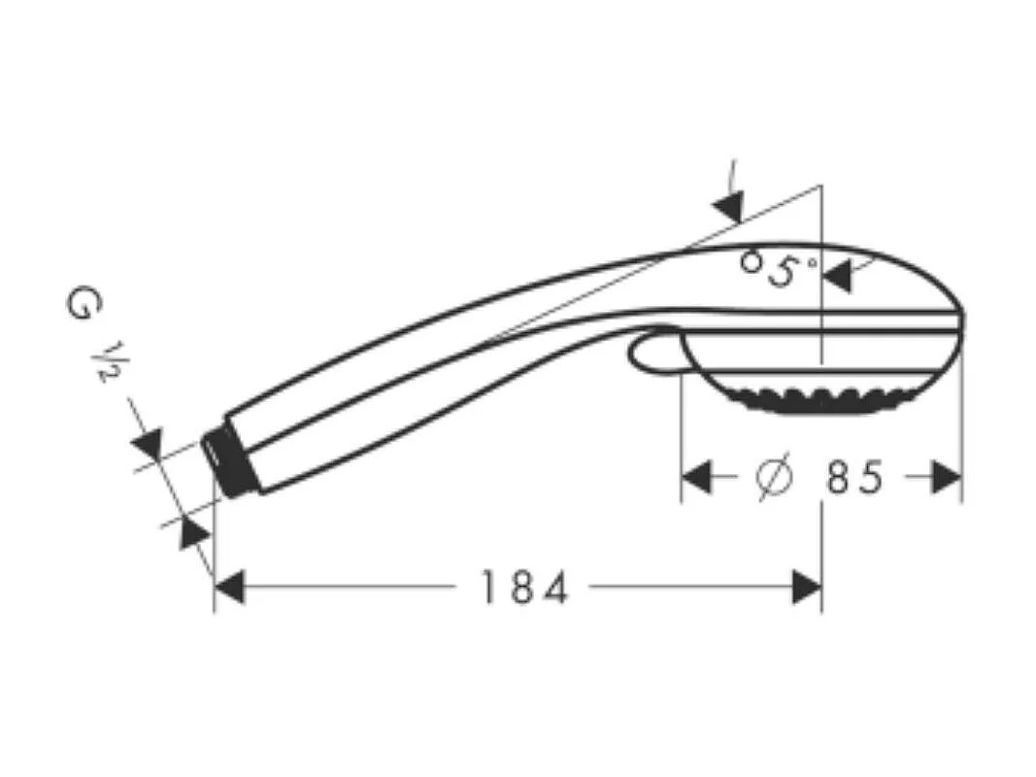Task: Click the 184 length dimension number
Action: pyautogui.click(x=524, y=589)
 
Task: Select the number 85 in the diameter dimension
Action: pyautogui.click(x=854, y=478)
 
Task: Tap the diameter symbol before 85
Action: pyautogui.click(x=774, y=478)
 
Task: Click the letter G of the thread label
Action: pyautogui.click(x=82, y=303)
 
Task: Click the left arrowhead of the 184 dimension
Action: pyautogui.click(x=229, y=588)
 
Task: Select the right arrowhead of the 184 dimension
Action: pyautogui.click(x=807, y=588)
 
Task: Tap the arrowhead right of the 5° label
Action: pyautogui.click(x=837, y=277)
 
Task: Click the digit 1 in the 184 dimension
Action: pyautogui.click(x=487, y=589)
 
